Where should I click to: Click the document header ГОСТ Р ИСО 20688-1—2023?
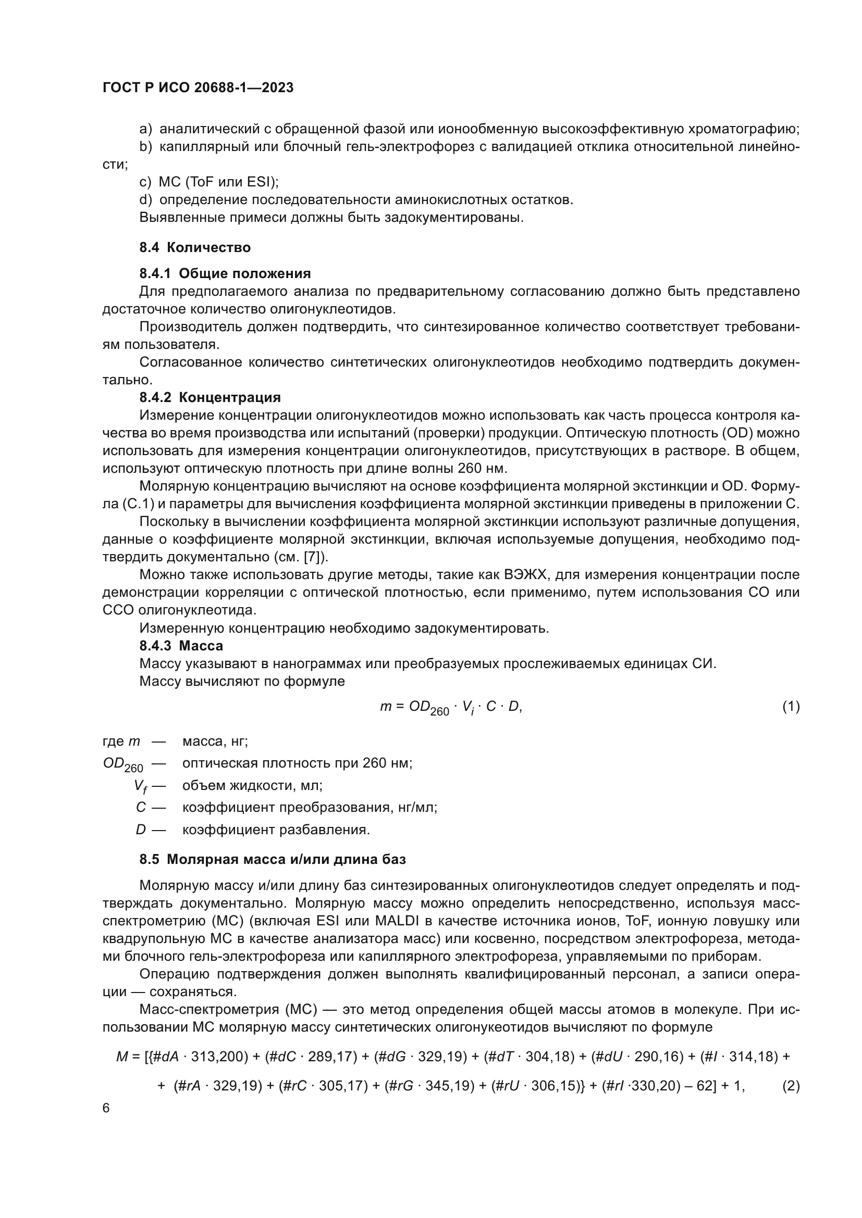pos(198,87)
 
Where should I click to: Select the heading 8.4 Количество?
pos(195,248)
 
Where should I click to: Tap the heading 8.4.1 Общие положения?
pos(225,274)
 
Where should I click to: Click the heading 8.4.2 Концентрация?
pos(210,397)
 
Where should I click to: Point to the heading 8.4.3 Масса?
pos(181,646)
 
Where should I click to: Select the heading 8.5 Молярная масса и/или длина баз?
pos(272,859)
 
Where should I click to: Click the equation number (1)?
pos(791,707)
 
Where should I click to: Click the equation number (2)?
pos(791,1086)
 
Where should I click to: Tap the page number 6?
pos(106,1108)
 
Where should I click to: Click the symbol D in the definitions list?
pos(141,830)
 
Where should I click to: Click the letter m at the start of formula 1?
pos(385,707)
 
